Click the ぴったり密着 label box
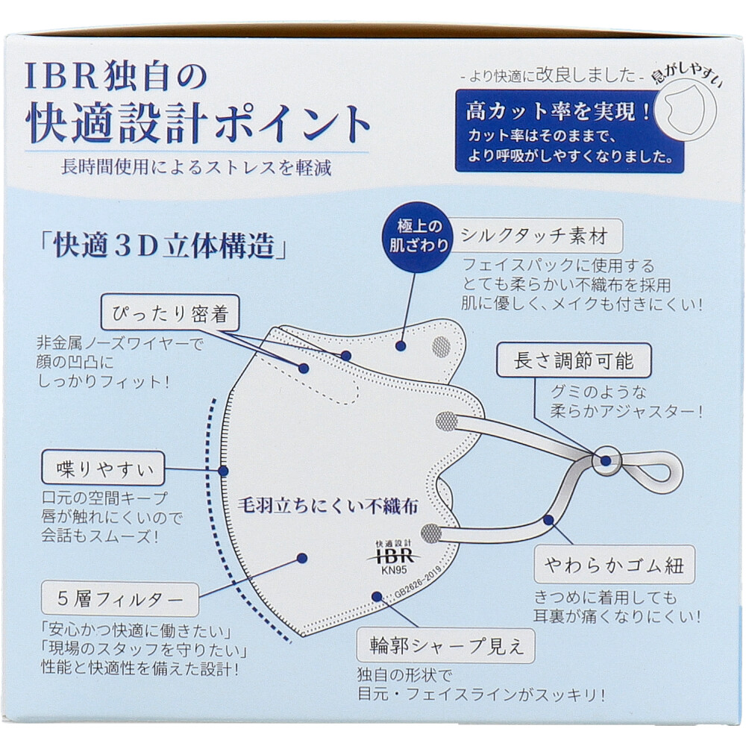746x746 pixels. pos(170,313)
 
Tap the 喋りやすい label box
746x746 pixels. pos(103,468)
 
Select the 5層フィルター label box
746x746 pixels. pos(120,599)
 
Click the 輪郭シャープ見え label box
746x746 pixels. pos(446,645)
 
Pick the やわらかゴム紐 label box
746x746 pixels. pos(614,565)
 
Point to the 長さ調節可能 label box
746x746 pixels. pos(573,360)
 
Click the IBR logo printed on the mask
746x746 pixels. pos(393,556)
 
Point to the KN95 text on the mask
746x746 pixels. pos(394,570)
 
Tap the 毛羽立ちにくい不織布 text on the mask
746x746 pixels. pos(327,506)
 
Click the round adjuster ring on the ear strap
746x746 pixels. pos(606,460)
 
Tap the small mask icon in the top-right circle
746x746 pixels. pos(685,110)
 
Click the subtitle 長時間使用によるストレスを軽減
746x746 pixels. pos(196,167)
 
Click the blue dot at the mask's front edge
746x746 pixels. pos(223,471)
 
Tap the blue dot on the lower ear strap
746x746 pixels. pos(548,520)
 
